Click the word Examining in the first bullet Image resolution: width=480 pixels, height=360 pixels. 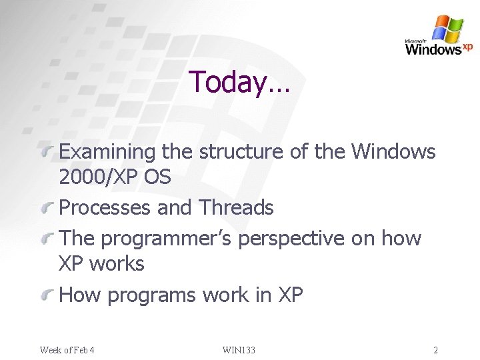(108, 153)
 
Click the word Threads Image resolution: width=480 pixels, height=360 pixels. (236, 208)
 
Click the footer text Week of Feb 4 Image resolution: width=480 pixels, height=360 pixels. (67, 350)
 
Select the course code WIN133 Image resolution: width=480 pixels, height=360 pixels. (239, 350)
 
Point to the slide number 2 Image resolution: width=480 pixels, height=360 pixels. (435, 350)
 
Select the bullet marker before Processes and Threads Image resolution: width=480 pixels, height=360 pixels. (48, 209)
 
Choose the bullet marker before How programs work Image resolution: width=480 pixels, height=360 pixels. (48, 296)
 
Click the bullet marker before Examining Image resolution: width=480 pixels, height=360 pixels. (48, 153)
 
